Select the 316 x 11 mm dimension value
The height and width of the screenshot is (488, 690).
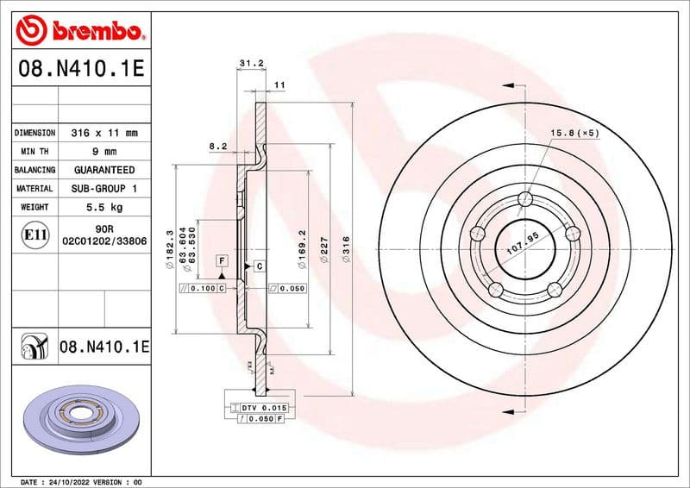104,134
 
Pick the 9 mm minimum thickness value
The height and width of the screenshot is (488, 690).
104,152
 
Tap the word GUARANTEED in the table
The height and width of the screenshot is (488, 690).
104,170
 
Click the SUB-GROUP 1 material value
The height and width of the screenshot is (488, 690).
104,188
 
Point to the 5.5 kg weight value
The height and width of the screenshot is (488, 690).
104,207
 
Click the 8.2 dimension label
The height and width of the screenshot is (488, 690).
217,147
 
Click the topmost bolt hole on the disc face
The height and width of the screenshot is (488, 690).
525,201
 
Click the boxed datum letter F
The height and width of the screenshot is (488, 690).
222,260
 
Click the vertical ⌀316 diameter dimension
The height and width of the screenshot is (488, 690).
346,250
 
